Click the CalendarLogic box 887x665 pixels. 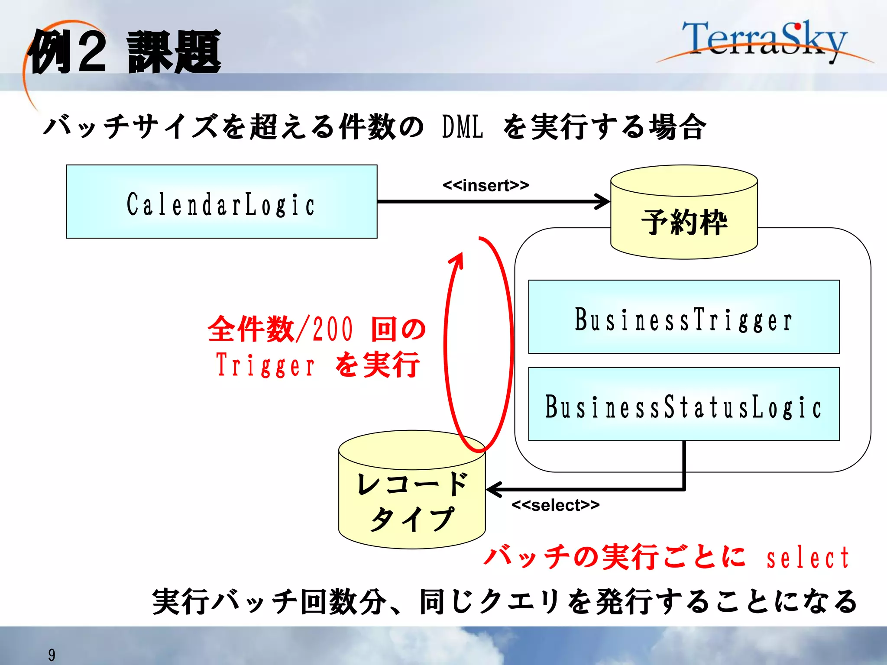[221, 202]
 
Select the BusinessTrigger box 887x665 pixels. [683, 317]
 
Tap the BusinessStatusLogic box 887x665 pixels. [683, 404]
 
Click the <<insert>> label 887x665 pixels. [486, 186]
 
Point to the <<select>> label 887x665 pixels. [555, 505]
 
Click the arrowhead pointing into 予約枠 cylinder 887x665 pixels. [603, 202]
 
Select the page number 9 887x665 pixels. [52, 655]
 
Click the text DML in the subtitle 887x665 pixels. [462, 127]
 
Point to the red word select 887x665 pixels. [807, 558]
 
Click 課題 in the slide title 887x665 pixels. [174, 52]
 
